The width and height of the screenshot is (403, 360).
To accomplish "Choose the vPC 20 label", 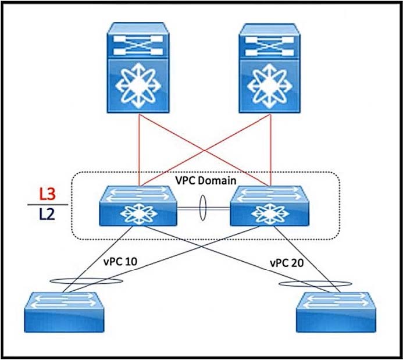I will click(x=287, y=262).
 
